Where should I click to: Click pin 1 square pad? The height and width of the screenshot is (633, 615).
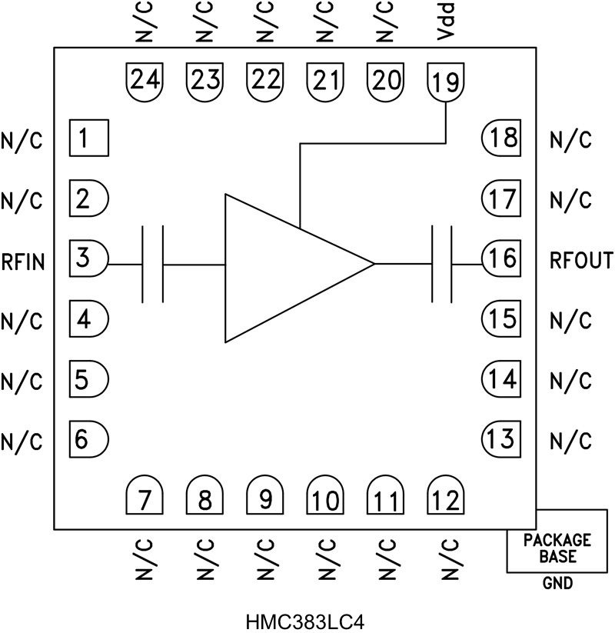tap(88, 139)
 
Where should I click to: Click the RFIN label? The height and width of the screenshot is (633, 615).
tap(23, 262)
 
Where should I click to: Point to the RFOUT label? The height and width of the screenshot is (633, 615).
tap(581, 262)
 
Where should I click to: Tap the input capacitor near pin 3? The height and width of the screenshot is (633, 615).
tap(153, 264)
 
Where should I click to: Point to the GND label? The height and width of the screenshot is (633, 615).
tap(557, 584)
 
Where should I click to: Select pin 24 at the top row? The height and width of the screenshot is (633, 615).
tap(144, 79)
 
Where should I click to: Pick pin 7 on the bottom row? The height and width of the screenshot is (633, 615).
tap(145, 501)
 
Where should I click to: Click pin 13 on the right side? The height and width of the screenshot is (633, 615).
tap(501, 439)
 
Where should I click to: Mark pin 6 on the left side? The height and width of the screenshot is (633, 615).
tap(88, 439)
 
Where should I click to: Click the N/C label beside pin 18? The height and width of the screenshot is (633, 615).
tap(570, 141)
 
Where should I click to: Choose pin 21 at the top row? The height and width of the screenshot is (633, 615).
tap(325, 79)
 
